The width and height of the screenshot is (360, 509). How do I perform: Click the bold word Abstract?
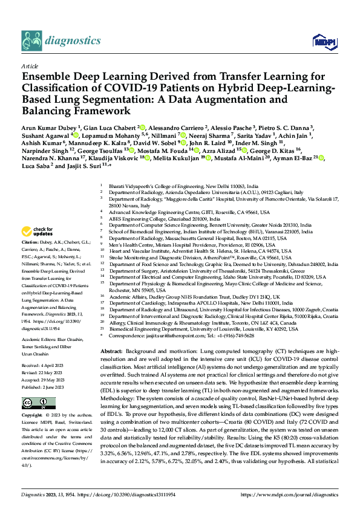[111, 351]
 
